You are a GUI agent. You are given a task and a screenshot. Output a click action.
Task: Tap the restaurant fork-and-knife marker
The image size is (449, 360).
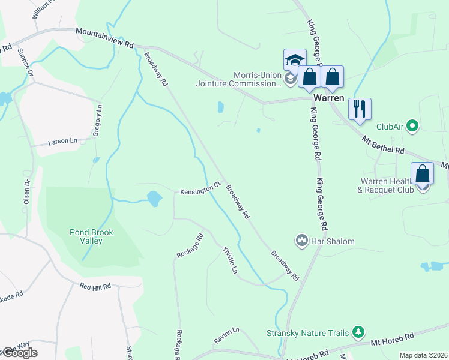pos(360,109)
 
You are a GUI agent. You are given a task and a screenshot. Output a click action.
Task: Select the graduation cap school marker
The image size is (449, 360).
pos(295,60)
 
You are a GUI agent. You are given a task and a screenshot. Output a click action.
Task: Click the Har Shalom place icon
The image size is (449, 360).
pos(301,241)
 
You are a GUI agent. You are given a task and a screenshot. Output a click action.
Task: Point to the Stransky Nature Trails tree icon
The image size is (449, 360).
pos(358,331)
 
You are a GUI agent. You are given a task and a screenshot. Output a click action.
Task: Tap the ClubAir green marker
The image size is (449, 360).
pos(412,127)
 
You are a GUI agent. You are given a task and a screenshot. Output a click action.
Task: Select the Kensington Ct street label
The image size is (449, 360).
pos(201,190)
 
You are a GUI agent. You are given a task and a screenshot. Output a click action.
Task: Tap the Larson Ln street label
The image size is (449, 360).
pos(63,142)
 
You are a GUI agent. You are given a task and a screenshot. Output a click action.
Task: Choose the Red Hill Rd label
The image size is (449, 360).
pos(95,287)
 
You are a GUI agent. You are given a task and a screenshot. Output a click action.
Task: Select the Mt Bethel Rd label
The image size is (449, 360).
pos(383,143)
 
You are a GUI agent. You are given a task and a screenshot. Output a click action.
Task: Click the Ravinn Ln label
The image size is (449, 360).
pos(228,331)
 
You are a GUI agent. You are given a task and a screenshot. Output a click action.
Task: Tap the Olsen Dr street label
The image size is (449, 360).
pos(26,192)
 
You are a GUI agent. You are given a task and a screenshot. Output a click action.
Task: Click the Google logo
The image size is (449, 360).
pos(19,353)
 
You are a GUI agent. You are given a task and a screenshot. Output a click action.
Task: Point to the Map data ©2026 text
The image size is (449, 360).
pos(423,355)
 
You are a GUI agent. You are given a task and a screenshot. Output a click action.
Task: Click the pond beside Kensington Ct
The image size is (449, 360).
pos(154,199)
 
